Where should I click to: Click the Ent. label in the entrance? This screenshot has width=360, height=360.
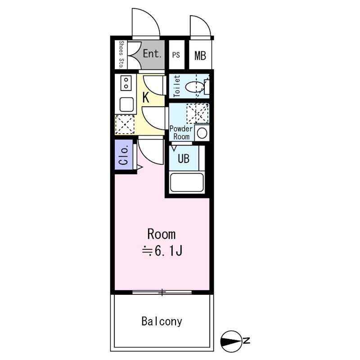point(152,54)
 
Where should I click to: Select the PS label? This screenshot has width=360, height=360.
point(176,55)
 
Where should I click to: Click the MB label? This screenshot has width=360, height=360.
point(200,55)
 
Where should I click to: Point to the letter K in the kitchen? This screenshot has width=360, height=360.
point(146,97)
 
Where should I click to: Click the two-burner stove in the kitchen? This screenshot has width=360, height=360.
point(126,83)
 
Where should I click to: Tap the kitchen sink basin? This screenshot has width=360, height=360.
point(126,104)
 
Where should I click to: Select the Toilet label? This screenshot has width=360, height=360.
point(177,86)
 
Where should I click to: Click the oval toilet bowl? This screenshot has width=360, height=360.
point(194,87)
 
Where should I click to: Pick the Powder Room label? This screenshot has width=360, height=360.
point(181,132)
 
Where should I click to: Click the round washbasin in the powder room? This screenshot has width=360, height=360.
point(202,133)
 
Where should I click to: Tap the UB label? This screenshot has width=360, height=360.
point(184,158)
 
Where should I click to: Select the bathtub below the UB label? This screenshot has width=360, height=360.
point(186,182)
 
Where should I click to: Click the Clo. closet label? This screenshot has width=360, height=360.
point(123,155)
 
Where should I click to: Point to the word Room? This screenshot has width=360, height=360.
point(162,234)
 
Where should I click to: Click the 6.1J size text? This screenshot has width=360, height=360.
point(169,251)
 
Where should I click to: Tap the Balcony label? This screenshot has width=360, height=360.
point(162,321)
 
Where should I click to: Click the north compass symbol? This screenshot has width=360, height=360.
point(231,342)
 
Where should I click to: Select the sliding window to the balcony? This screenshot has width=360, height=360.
point(162,292)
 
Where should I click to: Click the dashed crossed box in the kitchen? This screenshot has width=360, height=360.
point(125,125)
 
